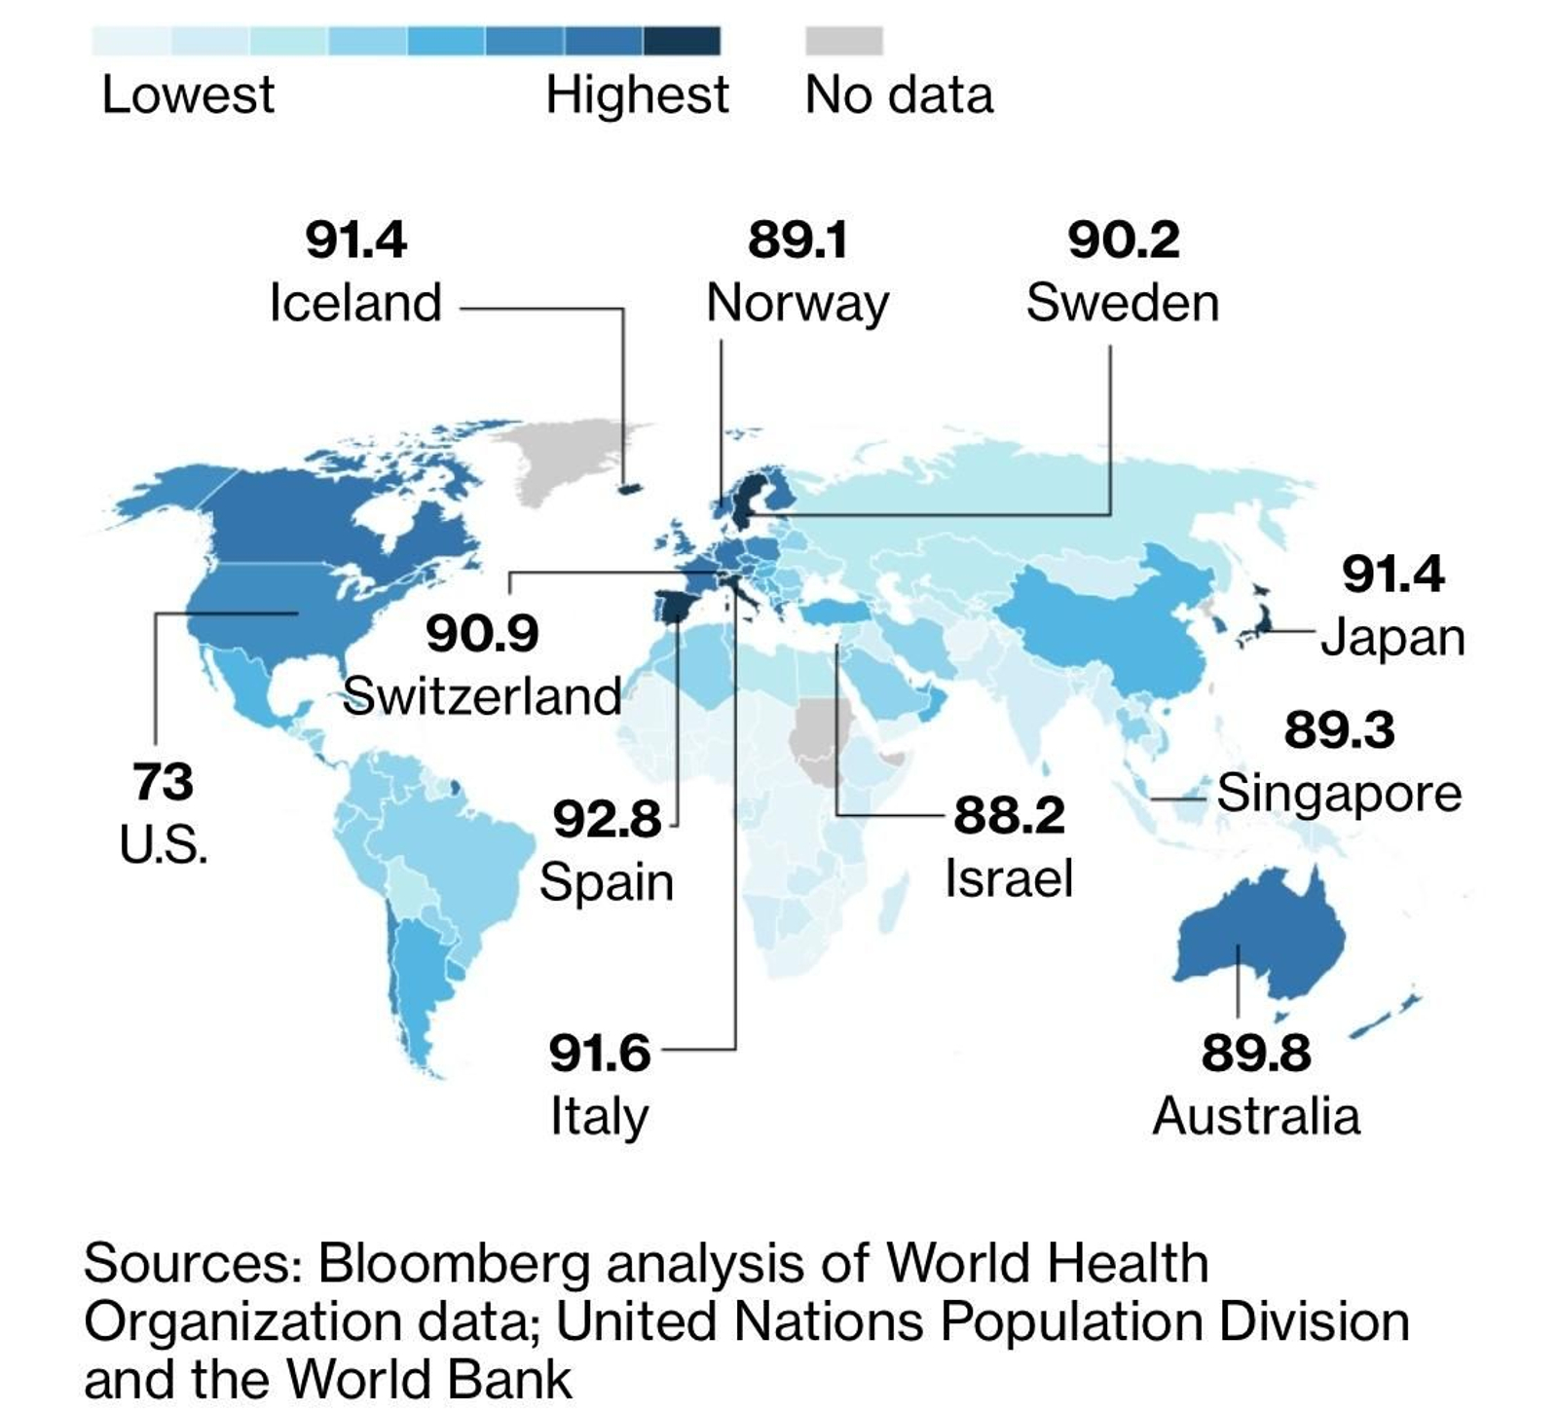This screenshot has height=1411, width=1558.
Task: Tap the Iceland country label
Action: (x=355, y=302)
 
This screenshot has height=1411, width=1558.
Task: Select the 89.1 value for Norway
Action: (x=798, y=240)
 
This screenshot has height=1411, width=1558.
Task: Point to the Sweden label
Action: (x=1122, y=302)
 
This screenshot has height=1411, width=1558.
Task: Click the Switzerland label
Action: (x=481, y=695)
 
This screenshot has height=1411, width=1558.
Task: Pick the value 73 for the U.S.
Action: (x=163, y=782)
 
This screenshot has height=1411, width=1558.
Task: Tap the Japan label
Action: (x=1392, y=638)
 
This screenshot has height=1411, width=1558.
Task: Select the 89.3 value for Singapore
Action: (x=1339, y=730)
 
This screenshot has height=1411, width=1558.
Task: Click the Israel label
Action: (x=1008, y=877)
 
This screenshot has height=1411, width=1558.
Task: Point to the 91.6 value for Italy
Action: (x=599, y=1053)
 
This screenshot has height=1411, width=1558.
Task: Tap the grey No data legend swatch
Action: (x=843, y=41)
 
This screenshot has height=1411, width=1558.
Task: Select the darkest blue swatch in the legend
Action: (x=682, y=41)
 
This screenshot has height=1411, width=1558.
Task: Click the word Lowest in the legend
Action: (x=188, y=95)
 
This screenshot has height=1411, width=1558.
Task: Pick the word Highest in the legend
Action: (x=637, y=95)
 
